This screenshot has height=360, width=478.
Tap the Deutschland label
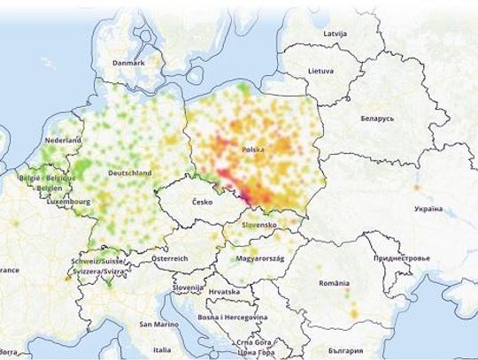coord(127,173)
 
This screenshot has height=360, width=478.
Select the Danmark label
coord(129,63)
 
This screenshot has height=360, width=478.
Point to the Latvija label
coord(335,34)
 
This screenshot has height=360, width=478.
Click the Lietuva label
coord(321,69)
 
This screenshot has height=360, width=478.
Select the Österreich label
coord(170,257)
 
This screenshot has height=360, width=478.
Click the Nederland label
coord(64,141)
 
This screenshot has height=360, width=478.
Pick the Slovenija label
coord(188,288)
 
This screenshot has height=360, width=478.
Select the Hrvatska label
coord(225,291)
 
